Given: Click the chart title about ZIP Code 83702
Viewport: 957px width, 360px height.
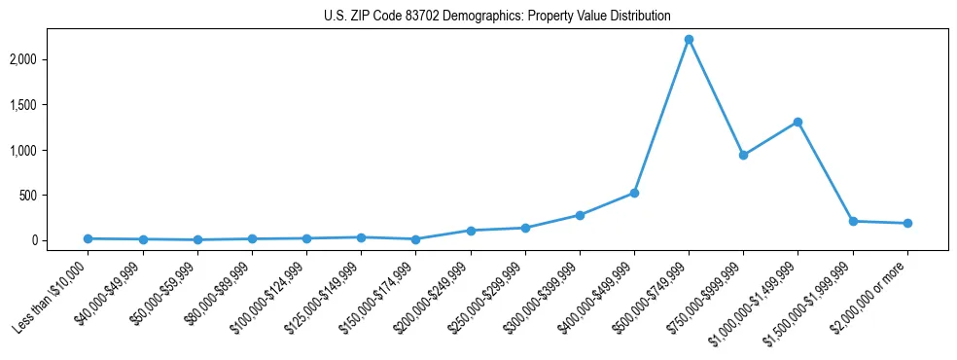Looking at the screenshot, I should point(497,17).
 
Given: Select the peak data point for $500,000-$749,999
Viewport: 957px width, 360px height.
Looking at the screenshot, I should point(689,40).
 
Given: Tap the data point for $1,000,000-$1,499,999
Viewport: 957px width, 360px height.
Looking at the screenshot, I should point(797,123).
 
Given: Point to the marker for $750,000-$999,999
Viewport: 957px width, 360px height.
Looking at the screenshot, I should point(743,155).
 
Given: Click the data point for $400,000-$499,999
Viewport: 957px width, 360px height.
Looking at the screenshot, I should point(634,193).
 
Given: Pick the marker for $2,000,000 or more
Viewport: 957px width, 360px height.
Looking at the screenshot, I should point(907,223).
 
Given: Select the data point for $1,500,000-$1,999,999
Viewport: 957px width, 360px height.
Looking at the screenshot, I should point(853,221).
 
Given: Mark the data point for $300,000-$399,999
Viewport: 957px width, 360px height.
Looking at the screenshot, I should point(580,215).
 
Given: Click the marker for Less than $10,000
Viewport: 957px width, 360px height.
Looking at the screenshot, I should point(89,238).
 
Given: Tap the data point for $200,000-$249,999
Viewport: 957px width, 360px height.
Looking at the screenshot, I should point(471,231).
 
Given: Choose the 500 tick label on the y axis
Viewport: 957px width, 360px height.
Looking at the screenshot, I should point(54,196).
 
